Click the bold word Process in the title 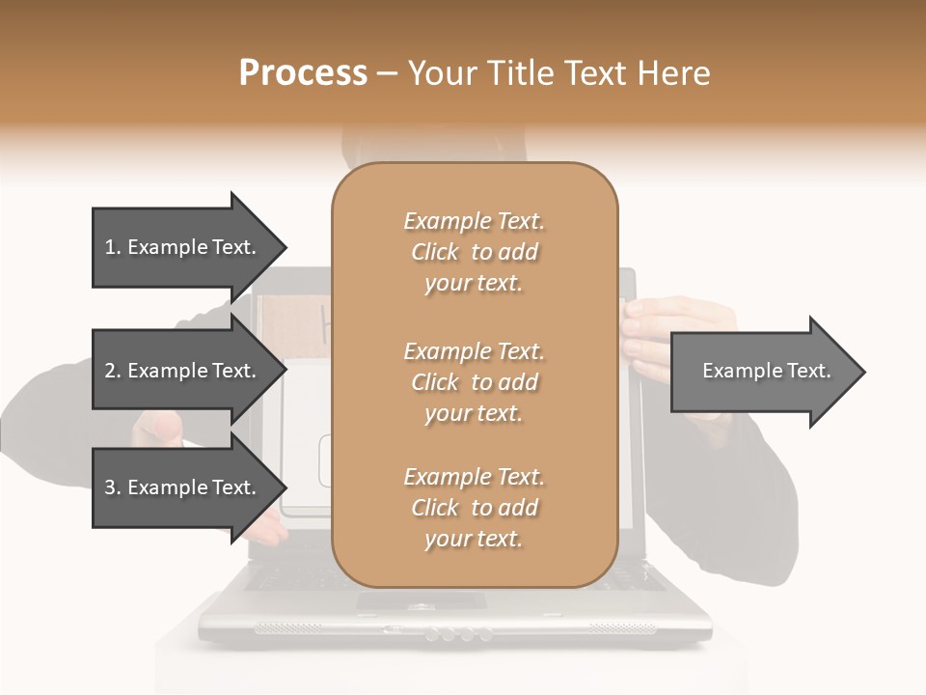[303, 73]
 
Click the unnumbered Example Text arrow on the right [766, 371]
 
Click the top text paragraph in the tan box [474, 252]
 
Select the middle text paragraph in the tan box [474, 382]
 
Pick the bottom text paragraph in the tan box [474, 508]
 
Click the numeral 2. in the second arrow [113, 371]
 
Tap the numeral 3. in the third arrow [113, 487]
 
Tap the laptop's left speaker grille [289, 628]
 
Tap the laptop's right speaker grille [622, 628]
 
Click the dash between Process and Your [387, 73]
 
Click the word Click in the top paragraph [435, 252]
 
